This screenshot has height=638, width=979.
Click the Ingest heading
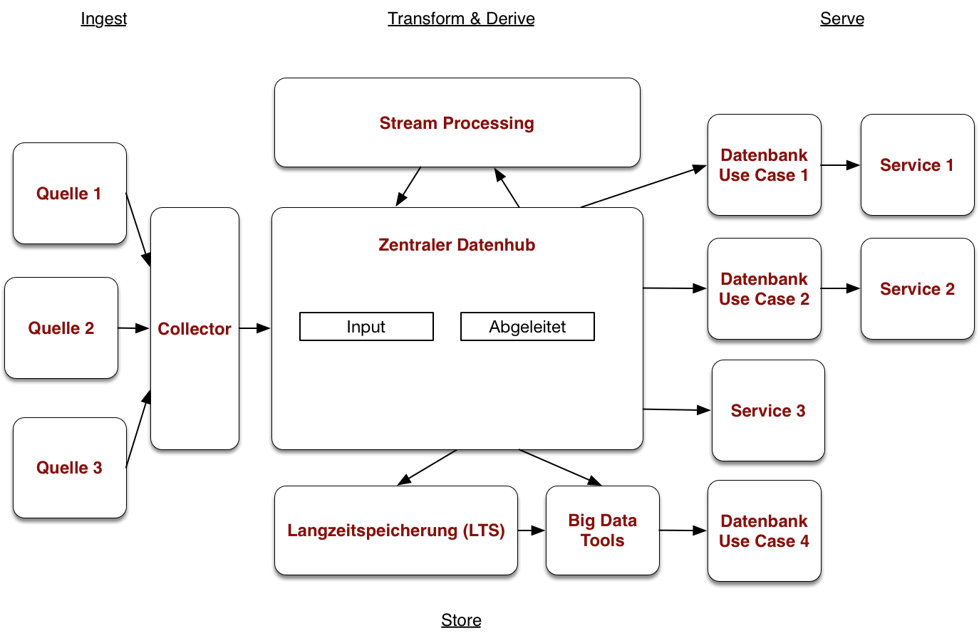tap(103, 19)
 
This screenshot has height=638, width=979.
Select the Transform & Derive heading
tap(461, 19)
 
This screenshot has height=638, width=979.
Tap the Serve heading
tap(841, 19)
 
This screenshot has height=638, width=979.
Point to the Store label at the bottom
tap(461, 620)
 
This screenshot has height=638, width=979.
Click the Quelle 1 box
tap(70, 194)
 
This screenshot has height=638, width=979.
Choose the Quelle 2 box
tap(61, 328)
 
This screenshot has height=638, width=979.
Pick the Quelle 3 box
tap(70, 468)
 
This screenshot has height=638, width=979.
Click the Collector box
tap(195, 329)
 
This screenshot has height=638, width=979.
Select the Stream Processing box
tap(457, 123)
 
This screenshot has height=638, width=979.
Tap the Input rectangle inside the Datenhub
tap(366, 327)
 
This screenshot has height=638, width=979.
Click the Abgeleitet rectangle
tap(527, 327)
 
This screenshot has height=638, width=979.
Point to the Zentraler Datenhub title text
tap(457, 245)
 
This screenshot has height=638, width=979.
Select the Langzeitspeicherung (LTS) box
tap(396, 530)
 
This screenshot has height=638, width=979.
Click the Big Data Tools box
tap(602, 530)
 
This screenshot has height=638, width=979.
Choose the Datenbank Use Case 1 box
tap(764, 165)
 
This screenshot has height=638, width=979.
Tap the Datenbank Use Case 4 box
tap(764, 531)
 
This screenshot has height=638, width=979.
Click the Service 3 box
tap(768, 411)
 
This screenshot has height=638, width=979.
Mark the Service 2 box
tap(917, 289)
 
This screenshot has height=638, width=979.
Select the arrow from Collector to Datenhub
tap(254, 328)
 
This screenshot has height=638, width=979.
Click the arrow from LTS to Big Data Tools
tap(532, 530)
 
